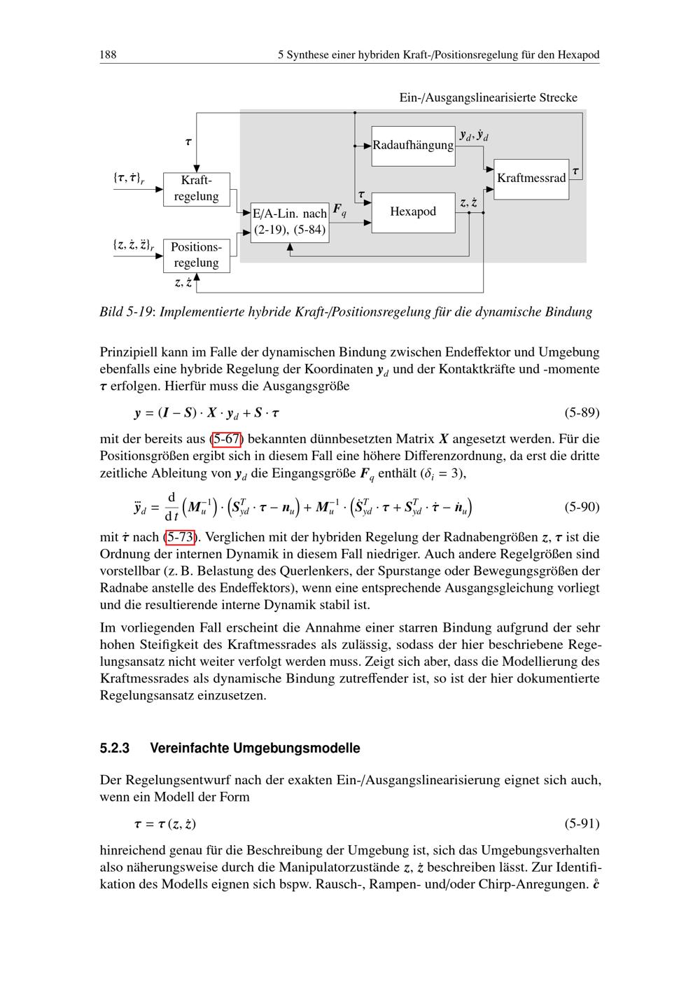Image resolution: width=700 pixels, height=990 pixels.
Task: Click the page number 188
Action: pos(108,55)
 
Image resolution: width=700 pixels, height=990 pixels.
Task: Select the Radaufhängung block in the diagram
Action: pos(413,146)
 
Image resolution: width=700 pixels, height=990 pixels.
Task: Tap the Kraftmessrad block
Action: pos(531,179)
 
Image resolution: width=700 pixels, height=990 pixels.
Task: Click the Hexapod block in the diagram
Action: pos(413,211)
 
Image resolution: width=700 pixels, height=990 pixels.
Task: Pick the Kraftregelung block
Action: pos(196,188)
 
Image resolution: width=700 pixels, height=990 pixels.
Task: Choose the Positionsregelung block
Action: pos(196,255)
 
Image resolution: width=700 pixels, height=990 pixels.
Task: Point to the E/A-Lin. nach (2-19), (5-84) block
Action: pos(290,221)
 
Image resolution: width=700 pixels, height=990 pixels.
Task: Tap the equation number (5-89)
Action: pos(582,412)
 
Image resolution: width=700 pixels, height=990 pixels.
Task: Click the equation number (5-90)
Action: pos(582,506)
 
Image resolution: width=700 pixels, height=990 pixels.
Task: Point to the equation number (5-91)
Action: pos(582,823)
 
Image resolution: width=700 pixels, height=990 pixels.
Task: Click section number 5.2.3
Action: pos(115,748)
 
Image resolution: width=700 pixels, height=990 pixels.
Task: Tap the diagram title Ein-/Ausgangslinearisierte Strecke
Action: pos(488,98)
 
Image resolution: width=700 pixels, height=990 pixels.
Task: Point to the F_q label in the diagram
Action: pos(339,209)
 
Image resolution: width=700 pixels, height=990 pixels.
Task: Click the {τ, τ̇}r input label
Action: pos(129,179)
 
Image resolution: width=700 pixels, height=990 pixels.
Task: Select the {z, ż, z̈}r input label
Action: pos(133,246)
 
